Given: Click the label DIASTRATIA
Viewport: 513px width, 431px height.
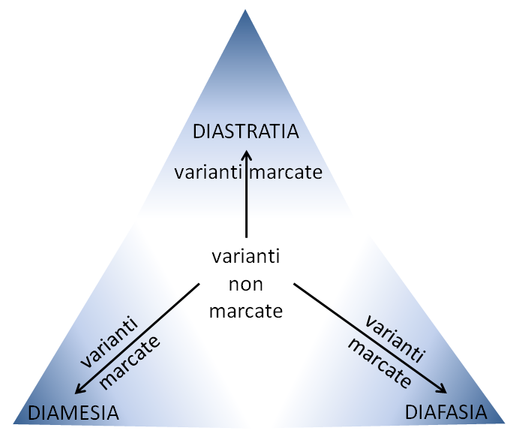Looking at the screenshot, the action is (x=246, y=131).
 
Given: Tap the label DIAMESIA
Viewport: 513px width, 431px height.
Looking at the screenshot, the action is (x=73, y=413).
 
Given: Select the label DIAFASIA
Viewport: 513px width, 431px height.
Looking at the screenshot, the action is (x=446, y=412).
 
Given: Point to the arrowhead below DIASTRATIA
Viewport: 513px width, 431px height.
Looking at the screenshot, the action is (x=247, y=155).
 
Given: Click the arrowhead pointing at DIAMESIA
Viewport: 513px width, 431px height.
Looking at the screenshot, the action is (x=79, y=389).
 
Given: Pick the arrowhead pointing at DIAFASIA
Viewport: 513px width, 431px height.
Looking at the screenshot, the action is (x=442, y=389).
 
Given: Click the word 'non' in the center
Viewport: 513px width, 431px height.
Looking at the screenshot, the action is (x=246, y=285).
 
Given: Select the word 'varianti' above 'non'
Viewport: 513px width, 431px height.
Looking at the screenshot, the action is (x=246, y=256).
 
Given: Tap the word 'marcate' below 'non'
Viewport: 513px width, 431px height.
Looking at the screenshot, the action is (x=246, y=311).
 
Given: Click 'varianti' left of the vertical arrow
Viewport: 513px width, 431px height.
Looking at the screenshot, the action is (x=208, y=172).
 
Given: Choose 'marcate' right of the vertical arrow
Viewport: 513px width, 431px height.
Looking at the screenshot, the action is (x=286, y=173).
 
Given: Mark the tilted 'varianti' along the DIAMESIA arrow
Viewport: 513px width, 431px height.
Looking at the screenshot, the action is (x=109, y=341).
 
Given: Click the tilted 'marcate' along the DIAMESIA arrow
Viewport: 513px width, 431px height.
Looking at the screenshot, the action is (x=130, y=363).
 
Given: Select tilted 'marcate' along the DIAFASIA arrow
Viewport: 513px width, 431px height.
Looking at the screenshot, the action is (x=379, y=363).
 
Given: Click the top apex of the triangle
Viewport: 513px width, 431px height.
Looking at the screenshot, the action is (x=245, y=11).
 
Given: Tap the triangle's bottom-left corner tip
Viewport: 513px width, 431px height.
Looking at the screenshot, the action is (x=13, y=423).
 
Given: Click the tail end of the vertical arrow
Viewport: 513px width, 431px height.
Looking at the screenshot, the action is (x=246, y=237).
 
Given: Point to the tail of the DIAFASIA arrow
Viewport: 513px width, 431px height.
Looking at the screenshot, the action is (x=294, y=284).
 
